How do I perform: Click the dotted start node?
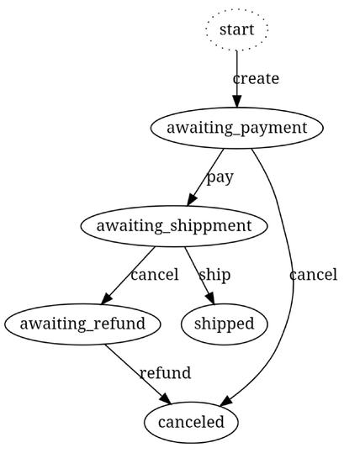[237, 29]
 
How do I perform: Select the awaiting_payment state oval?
[237, 128]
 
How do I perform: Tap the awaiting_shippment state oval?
[174, 226]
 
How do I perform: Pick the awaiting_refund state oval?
[82, 324]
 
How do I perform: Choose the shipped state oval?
[224, 324]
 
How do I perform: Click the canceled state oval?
[191, 423]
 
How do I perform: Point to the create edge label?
[256, 79]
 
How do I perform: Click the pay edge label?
[220, 177]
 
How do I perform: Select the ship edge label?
[214, 275]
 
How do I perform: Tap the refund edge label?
[165, 373]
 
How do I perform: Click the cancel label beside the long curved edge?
[313, 275]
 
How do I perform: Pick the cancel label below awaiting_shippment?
[155, 275]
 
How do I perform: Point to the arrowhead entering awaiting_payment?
[237, 102]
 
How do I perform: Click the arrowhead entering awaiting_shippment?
[192, 200]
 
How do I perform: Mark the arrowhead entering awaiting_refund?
[106, 298]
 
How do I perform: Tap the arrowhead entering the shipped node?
[211, 298]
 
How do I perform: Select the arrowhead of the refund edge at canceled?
[167, 398]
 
